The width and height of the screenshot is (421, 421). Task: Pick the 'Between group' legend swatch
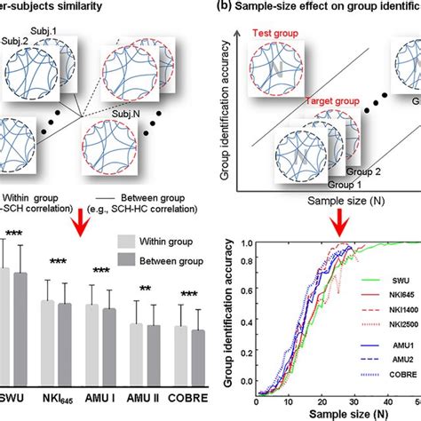pos(131,260)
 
